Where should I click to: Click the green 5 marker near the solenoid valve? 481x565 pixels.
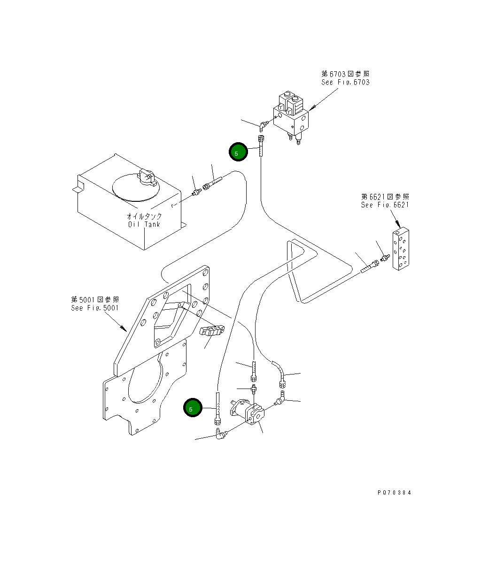[238, 152]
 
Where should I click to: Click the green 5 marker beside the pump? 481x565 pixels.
[192, 407]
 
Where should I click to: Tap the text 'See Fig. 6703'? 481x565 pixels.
[345, 82]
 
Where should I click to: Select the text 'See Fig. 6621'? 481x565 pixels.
[385, 205]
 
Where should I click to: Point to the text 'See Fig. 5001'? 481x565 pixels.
[95, 308]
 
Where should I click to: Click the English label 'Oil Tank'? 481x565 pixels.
[144, 224]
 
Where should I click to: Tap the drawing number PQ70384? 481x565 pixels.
[394, 493]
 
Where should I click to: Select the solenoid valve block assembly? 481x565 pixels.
[291, 116]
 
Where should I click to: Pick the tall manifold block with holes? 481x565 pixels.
[401, 248]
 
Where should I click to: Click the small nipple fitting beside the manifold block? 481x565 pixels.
[385, 258]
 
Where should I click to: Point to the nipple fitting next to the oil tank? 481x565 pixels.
[197, 191]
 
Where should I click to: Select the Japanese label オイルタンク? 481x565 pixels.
[144, 216]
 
